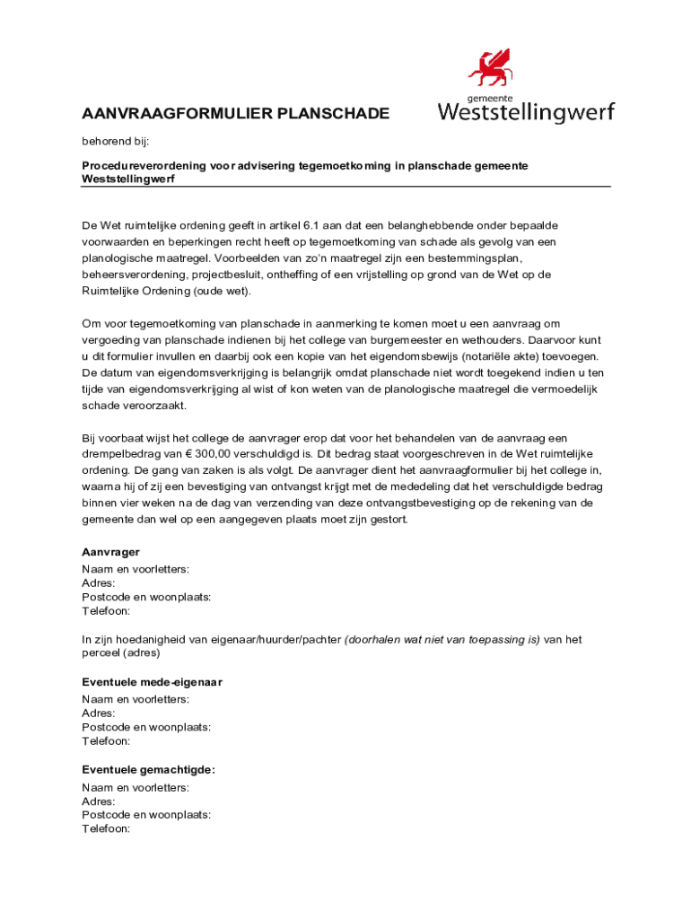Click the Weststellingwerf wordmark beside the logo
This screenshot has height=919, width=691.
click(x=526, y=113)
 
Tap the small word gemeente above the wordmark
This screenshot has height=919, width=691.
click(x=489, y=98)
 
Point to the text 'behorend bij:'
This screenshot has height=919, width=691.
click(x=115, y=142)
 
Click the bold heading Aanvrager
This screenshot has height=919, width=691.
click(x=110, y=553)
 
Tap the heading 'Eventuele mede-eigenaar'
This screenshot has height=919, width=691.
click(x=152, y=683)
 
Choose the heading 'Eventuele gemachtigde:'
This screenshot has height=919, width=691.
click(x=148, y=770)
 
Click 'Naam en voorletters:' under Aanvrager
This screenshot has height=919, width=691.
click(x=135, y=570)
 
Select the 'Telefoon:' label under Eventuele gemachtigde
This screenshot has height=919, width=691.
click(x=106, y=829)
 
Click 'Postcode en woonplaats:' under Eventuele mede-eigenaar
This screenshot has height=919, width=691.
click(x=146, y=728)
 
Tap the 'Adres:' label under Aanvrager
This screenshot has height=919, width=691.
click(x=98, y=583)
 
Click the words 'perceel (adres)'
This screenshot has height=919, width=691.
click(x=121, y=653)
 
